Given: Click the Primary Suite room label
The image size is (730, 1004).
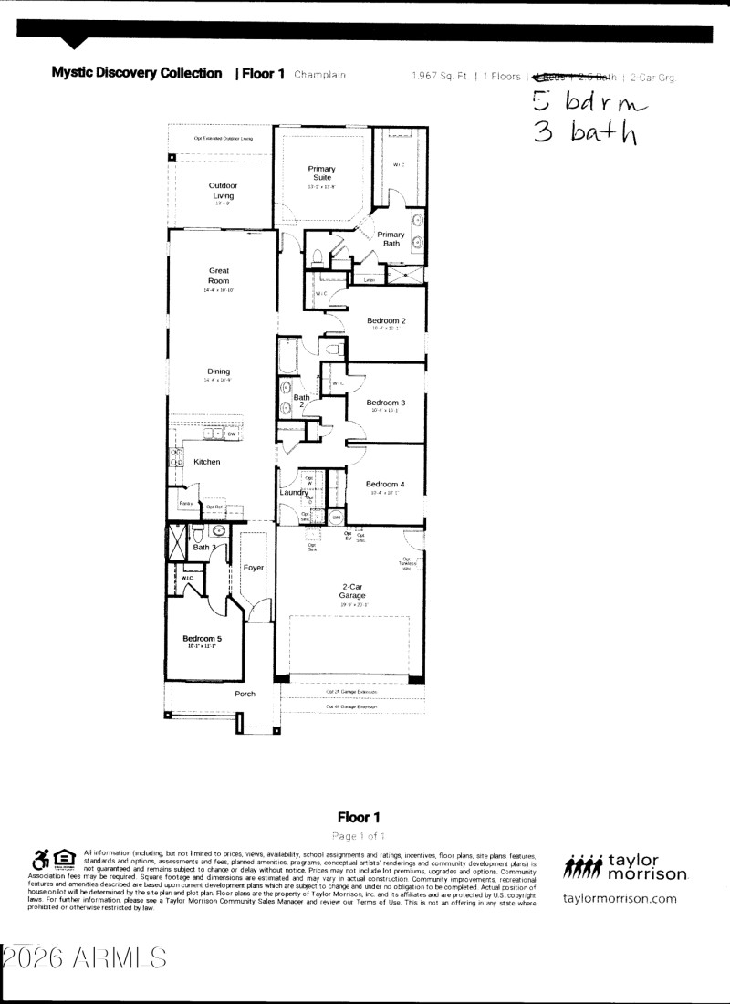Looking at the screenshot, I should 321,173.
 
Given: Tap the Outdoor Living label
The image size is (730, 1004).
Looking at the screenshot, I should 224,191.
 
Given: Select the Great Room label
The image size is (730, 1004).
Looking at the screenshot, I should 219,276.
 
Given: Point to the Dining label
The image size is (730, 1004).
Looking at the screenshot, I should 219,371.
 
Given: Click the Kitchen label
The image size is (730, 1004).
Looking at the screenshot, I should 207,462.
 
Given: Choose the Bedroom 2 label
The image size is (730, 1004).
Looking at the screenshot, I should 386,321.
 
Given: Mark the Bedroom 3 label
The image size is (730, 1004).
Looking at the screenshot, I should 385,403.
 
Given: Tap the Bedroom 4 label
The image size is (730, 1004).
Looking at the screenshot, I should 385,484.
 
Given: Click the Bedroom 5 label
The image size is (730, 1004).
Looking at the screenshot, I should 202,638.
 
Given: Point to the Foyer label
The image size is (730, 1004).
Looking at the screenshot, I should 253,568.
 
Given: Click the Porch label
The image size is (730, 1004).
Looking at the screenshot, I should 245,695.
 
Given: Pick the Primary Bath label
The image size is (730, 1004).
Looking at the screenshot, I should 391,239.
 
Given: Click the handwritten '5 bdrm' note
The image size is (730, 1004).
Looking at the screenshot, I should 589,99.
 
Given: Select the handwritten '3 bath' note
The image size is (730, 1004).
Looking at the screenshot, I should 585,132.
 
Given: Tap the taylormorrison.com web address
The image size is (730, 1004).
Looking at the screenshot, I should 620,899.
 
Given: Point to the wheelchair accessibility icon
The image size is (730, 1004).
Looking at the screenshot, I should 40,859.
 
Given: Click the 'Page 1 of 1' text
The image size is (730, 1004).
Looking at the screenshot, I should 359,836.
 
